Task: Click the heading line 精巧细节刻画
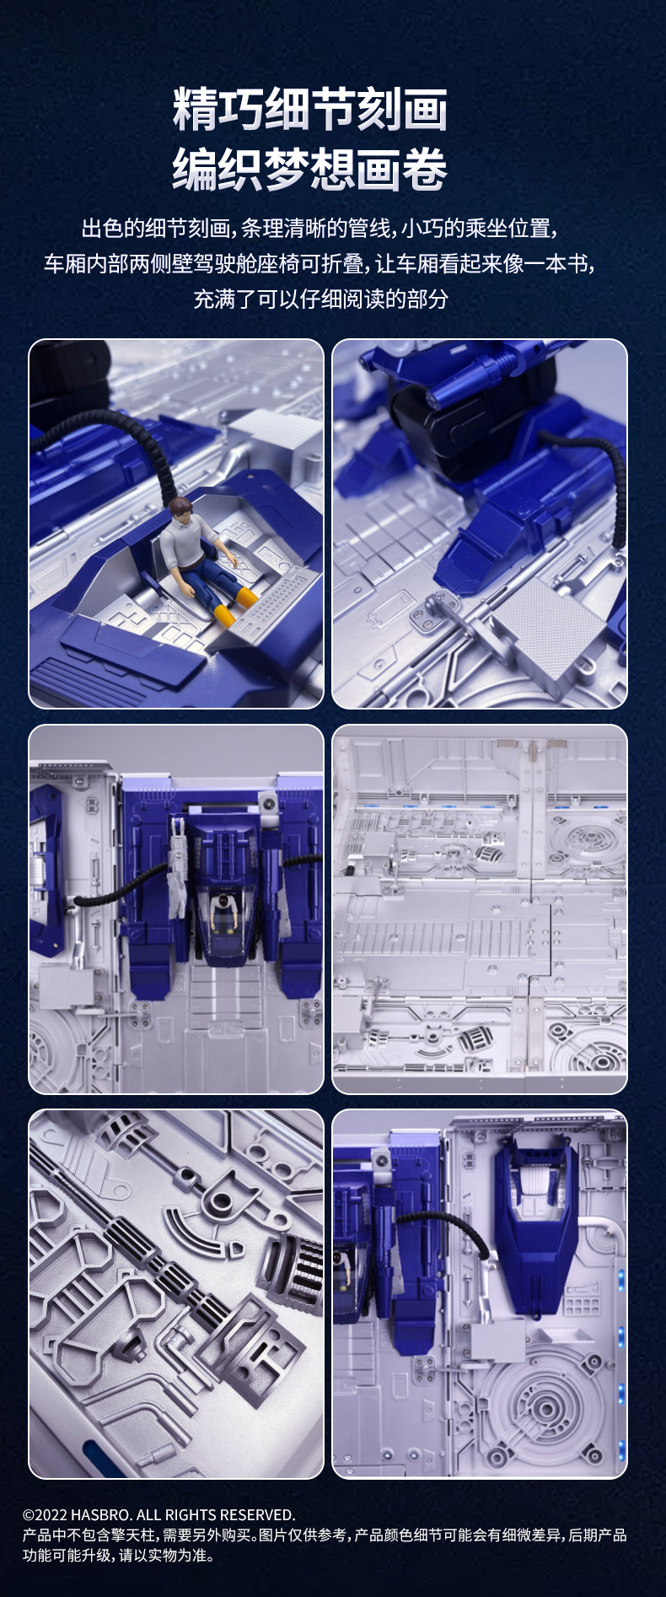[x=310, y=110]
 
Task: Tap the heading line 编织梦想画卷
[x=310, y=169]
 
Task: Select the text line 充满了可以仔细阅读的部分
[x=321, y=299]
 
